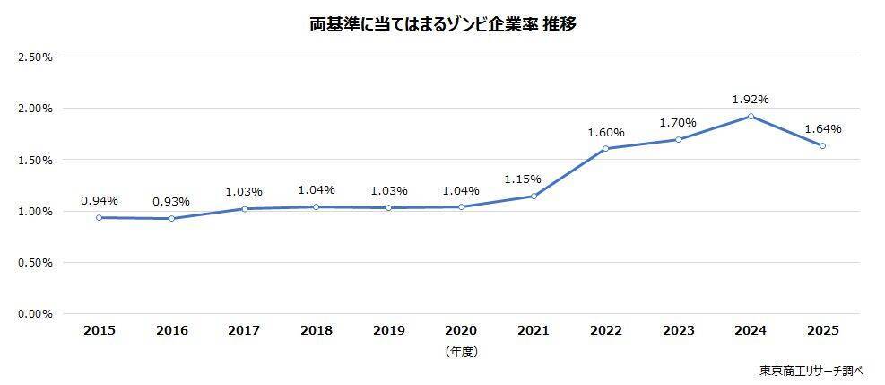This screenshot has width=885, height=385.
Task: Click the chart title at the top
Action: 442,25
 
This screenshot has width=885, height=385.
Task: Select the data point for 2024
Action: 751,116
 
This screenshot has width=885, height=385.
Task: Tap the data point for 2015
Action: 99,217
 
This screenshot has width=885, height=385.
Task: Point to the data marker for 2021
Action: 534,196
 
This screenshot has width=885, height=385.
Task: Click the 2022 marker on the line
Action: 606,148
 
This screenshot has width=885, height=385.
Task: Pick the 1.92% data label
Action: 751,100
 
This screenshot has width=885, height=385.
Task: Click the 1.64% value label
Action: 823,129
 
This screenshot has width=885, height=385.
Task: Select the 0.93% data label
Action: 171,201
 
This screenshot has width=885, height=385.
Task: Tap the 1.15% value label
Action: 534,179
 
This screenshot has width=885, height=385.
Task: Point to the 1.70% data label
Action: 678,123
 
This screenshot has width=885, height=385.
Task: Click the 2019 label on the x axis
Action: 388,330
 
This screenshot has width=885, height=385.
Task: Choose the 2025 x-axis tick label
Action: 823,330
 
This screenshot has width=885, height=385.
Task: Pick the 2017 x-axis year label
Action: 244,330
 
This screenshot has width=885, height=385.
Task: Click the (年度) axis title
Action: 461,352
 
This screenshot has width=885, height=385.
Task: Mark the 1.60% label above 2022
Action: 606,133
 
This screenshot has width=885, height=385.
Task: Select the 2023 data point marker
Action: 678,139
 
